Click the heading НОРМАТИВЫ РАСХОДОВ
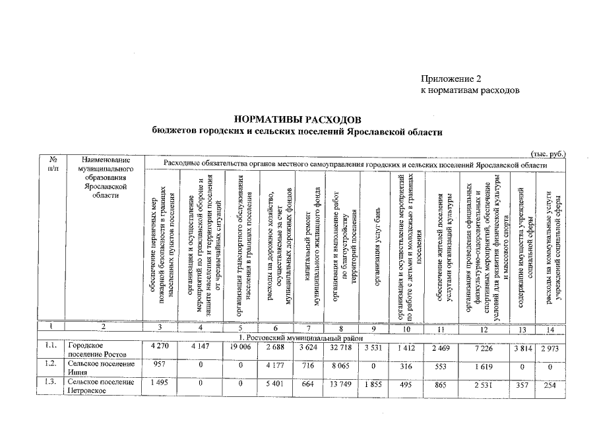[x=298, y=120]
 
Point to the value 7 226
[x=484, y=347]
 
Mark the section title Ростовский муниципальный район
[x=298, y=338]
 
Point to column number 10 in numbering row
[x=408, y=329]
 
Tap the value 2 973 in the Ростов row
[x=551, y=347]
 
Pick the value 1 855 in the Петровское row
[x=373, y=384]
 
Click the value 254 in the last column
[x=551, y=384]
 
